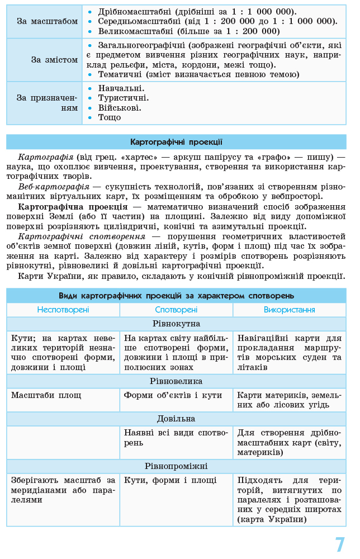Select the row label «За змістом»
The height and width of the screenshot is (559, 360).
pyautogui.click(x=54, y=59)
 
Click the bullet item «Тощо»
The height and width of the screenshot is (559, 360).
pyautogui.click(x=110, y=117)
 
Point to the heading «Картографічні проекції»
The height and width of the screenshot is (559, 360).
pyautogui.click(x=176, y=142)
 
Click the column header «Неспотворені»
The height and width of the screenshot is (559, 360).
pyautogui.click(x=63, y=310)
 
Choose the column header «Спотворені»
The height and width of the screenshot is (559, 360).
pyautogui.click(x=176, y=310)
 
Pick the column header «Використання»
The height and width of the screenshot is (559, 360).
pyautogui.click(x=289, y=310)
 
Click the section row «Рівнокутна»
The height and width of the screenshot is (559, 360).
pyautogui.click(x=176, y=324)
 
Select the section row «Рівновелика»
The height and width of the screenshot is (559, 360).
pyautogui.click(x=176, y=381)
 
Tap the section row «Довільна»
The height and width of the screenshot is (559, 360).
pyautogui.click(x=176, y=419)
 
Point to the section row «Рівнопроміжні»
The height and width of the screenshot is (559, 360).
pyautogui.click(x=176, y=466)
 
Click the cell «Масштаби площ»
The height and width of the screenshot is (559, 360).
pyautogui.click(x=46, y=395)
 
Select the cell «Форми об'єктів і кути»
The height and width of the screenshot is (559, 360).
pyautogui.click(x=173, y=395)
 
